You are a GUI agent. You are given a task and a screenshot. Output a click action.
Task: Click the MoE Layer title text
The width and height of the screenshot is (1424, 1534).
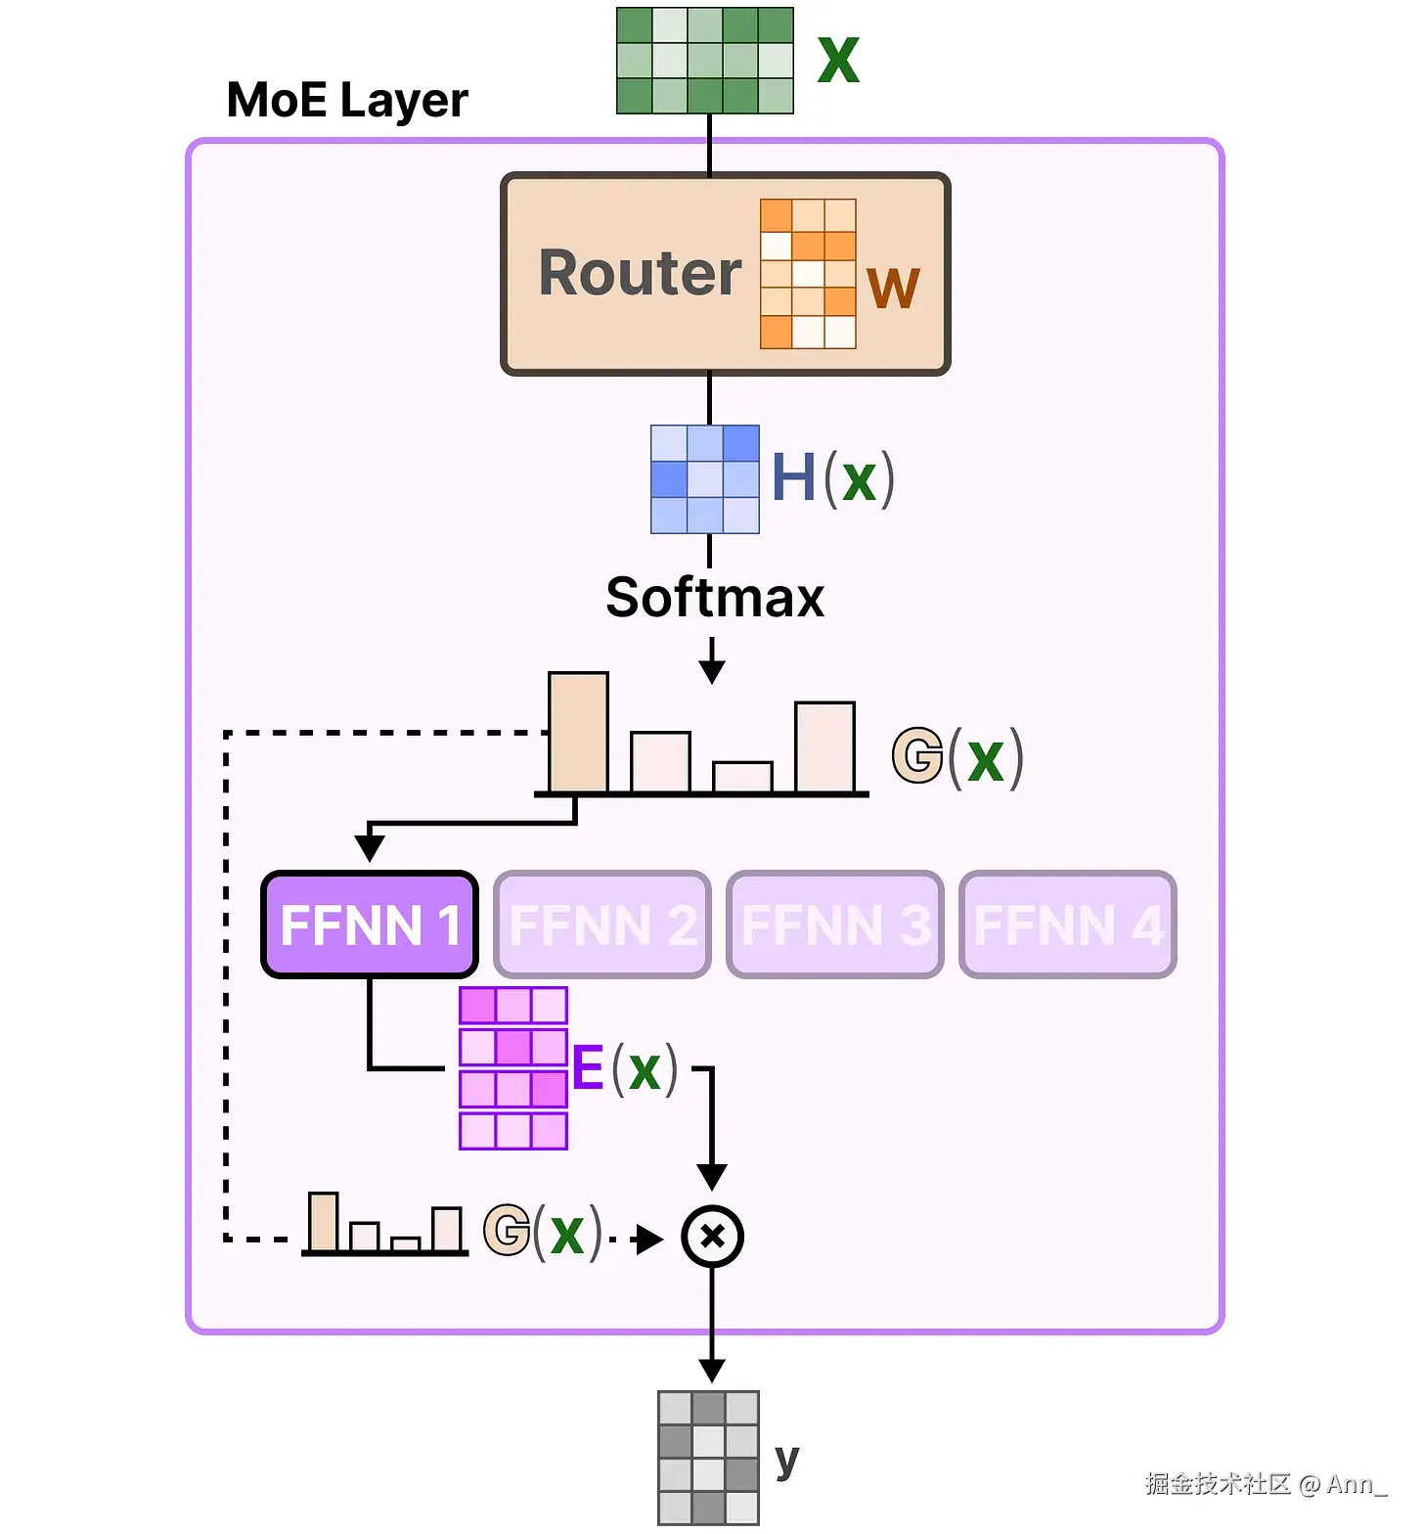[347, 100]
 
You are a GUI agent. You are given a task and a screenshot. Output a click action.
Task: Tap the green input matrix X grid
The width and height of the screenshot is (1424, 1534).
[704, 61]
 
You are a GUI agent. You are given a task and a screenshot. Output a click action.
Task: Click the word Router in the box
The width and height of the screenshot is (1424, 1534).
[641, 273]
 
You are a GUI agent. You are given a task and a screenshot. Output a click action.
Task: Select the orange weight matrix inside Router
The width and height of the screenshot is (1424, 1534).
[808, 274]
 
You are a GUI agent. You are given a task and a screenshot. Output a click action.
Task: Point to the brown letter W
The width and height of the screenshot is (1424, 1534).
[893, 288]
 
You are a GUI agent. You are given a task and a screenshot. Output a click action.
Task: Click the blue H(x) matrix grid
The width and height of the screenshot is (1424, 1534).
[705, 479]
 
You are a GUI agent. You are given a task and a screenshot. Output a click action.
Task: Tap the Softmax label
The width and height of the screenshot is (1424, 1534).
[715, 598]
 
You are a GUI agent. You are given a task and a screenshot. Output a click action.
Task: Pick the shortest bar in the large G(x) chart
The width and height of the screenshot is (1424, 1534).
[742, 777]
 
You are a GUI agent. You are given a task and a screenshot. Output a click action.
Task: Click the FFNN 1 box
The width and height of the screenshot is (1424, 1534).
[370, 925]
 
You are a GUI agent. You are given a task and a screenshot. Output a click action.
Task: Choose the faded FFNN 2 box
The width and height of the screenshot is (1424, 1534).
[602, 925]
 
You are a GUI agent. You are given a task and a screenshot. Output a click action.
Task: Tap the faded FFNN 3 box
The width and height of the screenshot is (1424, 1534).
[835, 925]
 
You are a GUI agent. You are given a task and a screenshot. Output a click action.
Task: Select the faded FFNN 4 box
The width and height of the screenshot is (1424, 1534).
[1068, 925]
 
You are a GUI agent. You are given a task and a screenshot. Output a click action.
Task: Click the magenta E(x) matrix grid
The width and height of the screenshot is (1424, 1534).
[513, 1068]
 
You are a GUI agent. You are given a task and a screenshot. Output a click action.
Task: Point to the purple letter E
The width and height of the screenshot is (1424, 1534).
[588, 1067]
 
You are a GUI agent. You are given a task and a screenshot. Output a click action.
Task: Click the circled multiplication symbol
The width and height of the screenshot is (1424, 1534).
[712, 1237]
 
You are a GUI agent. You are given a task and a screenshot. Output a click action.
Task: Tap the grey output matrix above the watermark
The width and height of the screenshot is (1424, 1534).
[708, 1458]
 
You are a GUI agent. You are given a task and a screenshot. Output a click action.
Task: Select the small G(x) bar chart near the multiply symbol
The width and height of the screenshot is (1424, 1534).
[384, 1225]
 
